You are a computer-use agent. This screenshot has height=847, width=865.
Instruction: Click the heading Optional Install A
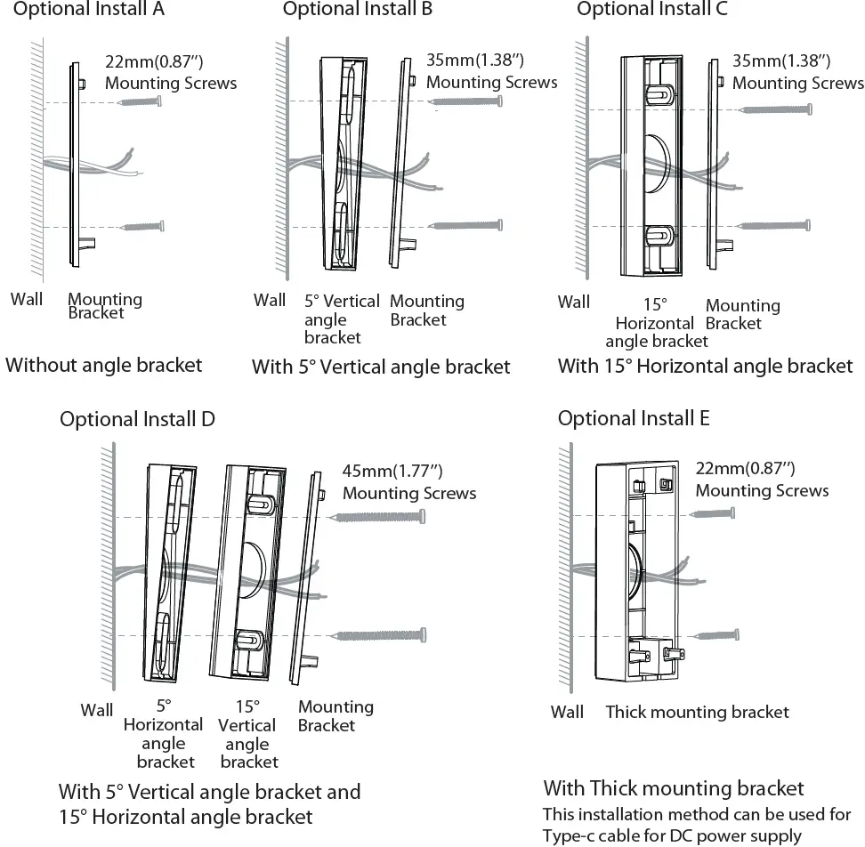(x=89, y=11)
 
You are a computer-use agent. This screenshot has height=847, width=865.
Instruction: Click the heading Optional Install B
(x=358, y=11)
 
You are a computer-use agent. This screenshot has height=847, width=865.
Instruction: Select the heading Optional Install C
(x=651, y=11)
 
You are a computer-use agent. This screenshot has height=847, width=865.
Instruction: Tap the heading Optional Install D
(x=137, y=419)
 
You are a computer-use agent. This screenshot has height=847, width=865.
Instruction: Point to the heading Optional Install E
(x=633, y=418)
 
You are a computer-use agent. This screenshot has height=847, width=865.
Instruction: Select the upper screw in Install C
(x=776, y=109)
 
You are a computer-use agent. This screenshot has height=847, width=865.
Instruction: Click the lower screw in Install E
(x=716, y=634)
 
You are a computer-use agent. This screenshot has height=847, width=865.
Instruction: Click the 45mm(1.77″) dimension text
(x=392, y=472)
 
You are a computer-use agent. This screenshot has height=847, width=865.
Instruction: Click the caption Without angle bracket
(x=104, y=365)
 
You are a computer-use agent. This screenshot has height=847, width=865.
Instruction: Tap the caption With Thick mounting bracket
(x=673, y=788)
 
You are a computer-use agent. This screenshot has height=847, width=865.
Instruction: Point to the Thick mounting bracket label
(x=697, y=712)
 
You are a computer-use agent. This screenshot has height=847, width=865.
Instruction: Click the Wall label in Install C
(x=573, y=302)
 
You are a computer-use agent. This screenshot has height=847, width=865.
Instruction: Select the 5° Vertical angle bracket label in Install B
(x=341, y=319)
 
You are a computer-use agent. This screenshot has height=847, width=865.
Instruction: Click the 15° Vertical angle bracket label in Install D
(x=248, y=734)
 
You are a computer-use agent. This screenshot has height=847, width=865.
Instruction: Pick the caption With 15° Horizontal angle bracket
(x=705, y=366)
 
